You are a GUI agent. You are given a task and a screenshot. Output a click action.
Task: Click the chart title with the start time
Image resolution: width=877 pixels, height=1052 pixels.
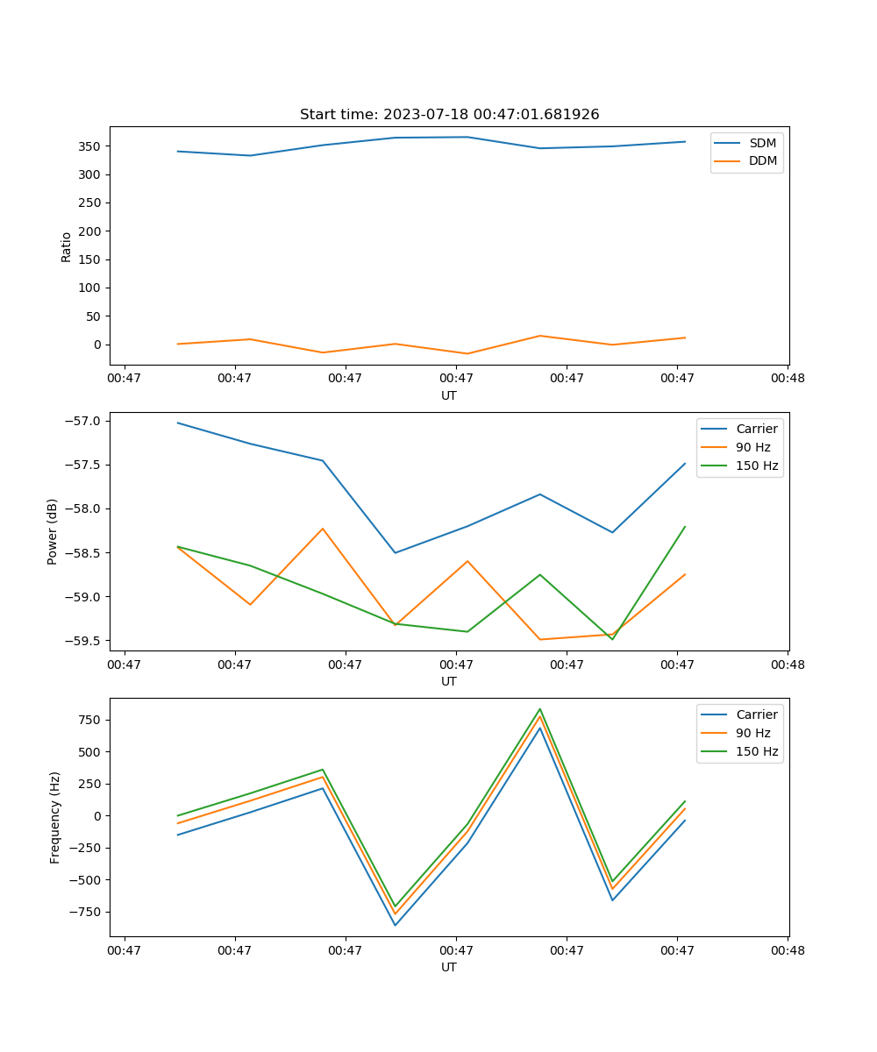[x=449, y=115]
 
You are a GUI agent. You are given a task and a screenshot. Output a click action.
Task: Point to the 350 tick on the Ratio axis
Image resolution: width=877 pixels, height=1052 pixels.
[x=92, y=146]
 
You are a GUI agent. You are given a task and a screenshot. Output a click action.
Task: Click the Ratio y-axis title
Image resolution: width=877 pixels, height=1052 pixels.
[x=67, y=247]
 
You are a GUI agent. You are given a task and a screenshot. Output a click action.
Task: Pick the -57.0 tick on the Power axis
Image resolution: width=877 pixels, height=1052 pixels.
[x=85, y=421]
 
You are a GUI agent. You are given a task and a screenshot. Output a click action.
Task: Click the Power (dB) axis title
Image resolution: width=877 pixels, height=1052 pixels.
[x=53, y=531]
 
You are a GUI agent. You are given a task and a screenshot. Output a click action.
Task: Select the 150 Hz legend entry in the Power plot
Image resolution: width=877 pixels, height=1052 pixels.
[x=756, y=466]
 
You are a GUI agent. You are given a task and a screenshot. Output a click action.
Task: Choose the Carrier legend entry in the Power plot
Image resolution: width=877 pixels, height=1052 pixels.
[x=756, y=430]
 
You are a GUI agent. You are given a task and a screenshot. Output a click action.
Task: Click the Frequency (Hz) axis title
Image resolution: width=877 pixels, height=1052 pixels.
[x=55, y=817]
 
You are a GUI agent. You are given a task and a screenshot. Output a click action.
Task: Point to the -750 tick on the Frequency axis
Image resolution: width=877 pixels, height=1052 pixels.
[x=85, y=912]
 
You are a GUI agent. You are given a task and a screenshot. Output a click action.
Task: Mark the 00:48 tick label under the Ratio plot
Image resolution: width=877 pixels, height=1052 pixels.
[x=788, y=379]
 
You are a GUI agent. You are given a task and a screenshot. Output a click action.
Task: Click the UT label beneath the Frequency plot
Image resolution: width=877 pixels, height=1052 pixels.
[x=449, y=967]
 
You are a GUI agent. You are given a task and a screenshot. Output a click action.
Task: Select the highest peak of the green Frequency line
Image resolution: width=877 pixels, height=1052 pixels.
[x=540, y=709]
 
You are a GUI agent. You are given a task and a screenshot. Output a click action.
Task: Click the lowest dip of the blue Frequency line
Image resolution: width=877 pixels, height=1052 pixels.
[x=396, y=925]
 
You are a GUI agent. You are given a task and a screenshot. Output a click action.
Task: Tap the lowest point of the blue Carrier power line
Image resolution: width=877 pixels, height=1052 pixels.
[x=396, y=552]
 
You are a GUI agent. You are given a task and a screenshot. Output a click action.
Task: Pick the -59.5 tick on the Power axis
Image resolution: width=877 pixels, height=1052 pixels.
[x=85, y=641]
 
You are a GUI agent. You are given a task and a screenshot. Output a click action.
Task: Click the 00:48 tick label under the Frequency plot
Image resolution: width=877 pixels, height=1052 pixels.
[x=788, y=950]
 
